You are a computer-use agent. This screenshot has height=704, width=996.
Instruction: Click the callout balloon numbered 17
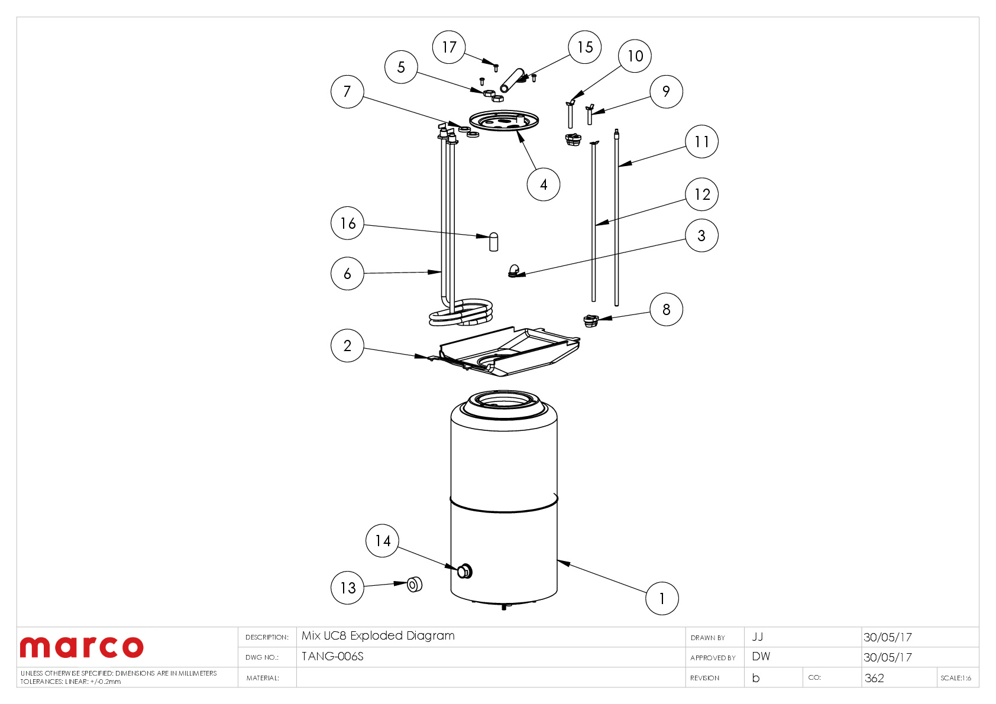tap(449, 47)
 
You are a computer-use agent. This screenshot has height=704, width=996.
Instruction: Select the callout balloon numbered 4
tap(543, 184)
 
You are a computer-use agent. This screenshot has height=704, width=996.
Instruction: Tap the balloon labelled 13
tap(347, 588)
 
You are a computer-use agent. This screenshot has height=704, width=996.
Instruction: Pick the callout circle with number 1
tap(661, 598)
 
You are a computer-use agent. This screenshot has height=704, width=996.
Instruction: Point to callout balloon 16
tap(347, 223)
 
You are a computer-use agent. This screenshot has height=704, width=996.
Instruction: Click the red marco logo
tap(82, 647)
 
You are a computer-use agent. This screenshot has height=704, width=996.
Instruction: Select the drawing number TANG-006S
tap(332, 657)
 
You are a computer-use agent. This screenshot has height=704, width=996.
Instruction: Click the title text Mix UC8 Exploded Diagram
tap(378, 636)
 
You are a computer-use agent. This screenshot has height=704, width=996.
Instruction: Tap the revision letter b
tap(755, 678)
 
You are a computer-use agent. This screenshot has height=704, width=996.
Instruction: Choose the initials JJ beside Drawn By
tap(757, 637)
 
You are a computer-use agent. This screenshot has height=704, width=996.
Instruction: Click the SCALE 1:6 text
tap(955, 678)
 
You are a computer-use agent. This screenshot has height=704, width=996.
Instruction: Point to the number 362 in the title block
tap(874, 678)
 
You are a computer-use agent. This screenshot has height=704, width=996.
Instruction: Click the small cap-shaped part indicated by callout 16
tap(494, 242)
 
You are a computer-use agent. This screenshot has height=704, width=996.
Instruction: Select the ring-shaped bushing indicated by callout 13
tap(415, 585)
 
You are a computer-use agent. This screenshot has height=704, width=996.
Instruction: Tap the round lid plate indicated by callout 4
tap(504, 121)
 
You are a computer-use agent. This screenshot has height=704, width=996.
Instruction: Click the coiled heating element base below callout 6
tap(461, 314)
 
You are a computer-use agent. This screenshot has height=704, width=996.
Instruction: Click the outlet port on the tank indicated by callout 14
tap(465, 571)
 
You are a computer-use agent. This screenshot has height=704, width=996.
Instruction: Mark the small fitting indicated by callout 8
tap(590, 321)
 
